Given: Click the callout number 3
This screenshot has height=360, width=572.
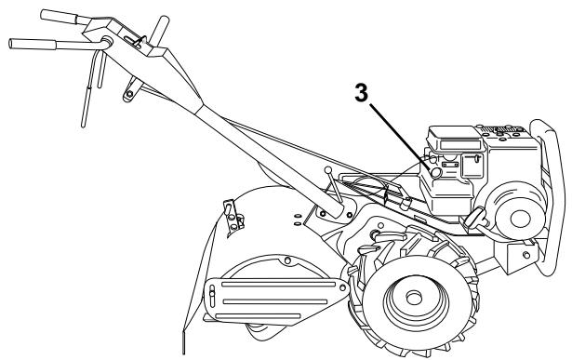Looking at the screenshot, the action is tap(362, 93).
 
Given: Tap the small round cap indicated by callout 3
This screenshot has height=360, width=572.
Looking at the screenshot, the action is tap(436, 173).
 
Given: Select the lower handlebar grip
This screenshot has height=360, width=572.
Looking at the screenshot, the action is tap(33, 44).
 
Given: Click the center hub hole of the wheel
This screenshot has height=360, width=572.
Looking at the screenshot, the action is tap(414, 299).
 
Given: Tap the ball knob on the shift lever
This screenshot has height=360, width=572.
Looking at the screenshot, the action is tap(328, 170).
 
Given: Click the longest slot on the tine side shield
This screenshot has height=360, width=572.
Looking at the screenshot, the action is tap(279, 284).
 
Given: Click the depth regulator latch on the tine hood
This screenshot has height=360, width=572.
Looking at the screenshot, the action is tap(233, 218).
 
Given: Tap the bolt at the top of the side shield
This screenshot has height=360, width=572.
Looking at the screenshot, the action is tap(287, 260).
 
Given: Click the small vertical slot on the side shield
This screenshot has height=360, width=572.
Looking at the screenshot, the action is tap(212, 296).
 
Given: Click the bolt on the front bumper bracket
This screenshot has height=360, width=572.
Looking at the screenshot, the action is tap(526, 255).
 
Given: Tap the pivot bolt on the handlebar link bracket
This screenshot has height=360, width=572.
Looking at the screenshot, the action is tap(129, 94).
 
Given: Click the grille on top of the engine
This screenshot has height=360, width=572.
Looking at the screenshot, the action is tap(502, 129).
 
